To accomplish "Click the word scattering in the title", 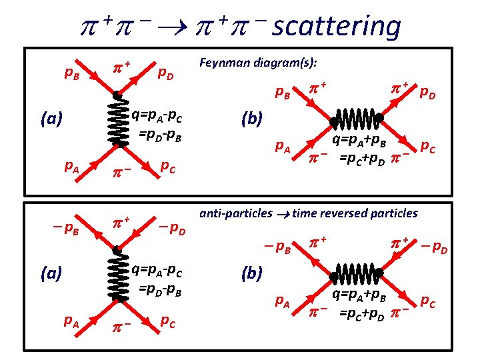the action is tap(337, 27).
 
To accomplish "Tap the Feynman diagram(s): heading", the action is tap(258, 63).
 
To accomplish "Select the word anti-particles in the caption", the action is tap(236, 213).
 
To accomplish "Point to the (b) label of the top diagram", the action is tap(253, 120).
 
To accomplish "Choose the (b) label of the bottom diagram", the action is tap(253, 273).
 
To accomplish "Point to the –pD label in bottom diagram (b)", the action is tap(433, 248).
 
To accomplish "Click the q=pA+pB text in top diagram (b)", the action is tap(365, 141).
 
